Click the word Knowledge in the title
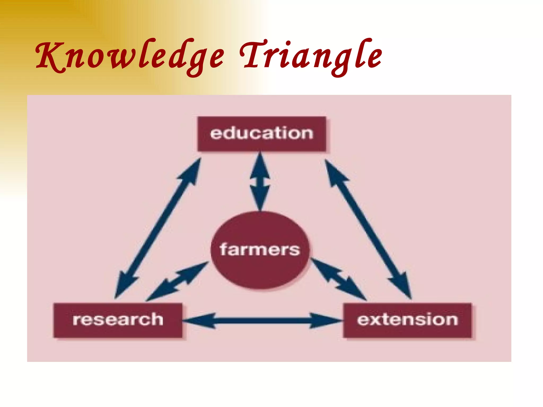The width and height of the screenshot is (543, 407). [130, 57]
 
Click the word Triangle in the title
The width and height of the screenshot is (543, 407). [310, 57]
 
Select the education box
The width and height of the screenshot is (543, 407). [262, 134]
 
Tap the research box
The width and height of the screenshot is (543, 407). [118, 320]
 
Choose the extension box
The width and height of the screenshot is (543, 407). [408, 320]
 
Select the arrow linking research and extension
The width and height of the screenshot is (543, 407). [262, 321]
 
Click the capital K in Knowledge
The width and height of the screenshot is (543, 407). [49, 57]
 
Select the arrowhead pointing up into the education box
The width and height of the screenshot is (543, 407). [260, 164]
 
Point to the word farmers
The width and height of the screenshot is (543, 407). [260, 250]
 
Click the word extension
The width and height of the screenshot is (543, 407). [408, 320]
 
